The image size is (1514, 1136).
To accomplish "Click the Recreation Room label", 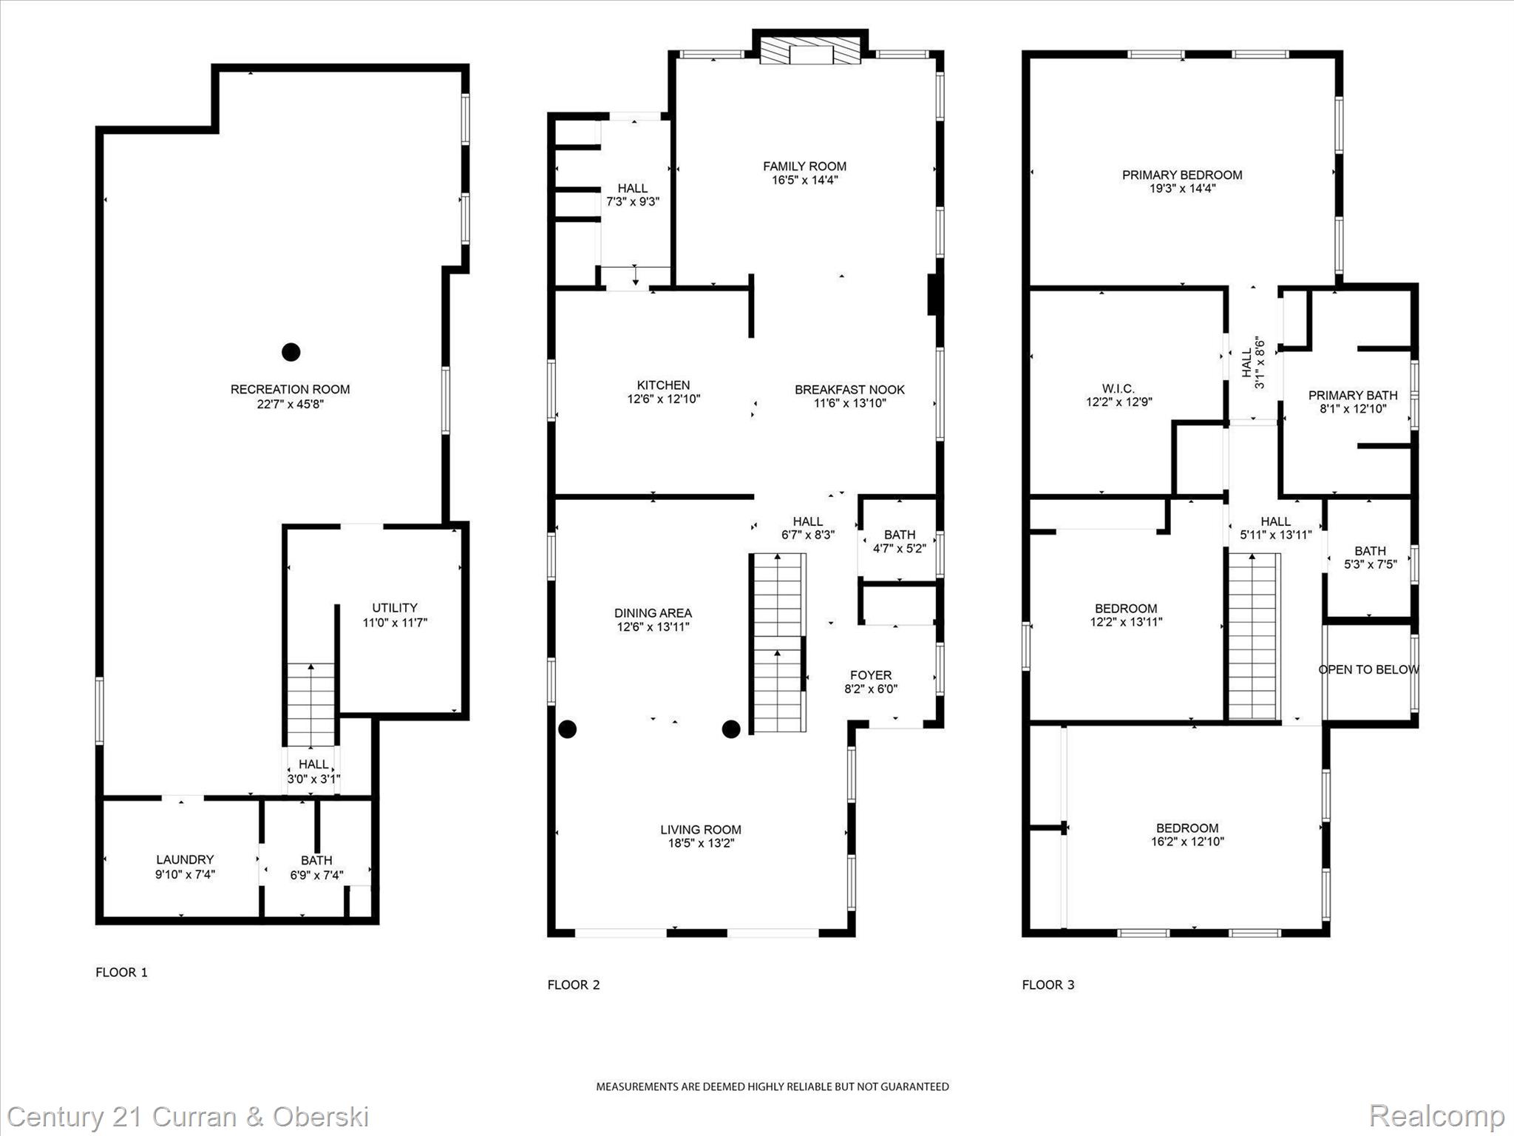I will (x=290, y=389).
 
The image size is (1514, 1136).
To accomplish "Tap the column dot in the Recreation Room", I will (x=291, y=352).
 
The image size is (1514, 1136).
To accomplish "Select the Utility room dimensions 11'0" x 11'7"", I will (x=395, y=623).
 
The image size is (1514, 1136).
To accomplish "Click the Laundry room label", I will (x=185, y=859).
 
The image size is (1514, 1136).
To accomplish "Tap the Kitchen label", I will (x=663, y=385).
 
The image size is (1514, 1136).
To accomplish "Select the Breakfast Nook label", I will (x=849, y=389).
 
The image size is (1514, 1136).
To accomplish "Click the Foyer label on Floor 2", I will (x=871, y=674).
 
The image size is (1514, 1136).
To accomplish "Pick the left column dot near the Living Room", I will (x=567, y=729).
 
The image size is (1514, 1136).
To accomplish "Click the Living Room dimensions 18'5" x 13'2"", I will (x=700, y=843).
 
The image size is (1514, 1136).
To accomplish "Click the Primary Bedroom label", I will (x=1182, y=175).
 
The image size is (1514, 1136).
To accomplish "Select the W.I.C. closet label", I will (x=1118, y=388).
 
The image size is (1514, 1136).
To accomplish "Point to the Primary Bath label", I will (x=1353, y=395).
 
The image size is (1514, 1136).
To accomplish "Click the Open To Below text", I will (x=1368, y=669).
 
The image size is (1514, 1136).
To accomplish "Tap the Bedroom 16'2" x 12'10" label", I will (x=1187, y=828).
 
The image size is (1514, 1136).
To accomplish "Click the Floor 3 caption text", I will (x=1048, y=984).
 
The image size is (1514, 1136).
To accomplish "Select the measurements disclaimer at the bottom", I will (x=773, y=1086).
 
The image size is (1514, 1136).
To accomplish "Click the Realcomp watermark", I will (x=1436, y=1116).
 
